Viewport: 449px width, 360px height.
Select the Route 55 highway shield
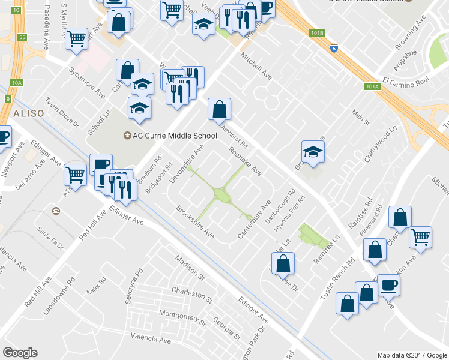point(22,37)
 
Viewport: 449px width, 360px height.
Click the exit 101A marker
point(372,86)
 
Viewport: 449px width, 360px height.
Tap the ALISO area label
point(26,113)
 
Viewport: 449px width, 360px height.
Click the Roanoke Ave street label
point(245,162)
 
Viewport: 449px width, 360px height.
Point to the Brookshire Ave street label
point(195,221)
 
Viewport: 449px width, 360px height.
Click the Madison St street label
point(190,267)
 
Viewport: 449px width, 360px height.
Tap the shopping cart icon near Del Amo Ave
point(76,175)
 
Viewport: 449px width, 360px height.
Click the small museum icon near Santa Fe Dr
point(56,211)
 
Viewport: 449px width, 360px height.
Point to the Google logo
point(20,353)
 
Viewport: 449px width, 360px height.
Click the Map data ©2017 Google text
point(412,355)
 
